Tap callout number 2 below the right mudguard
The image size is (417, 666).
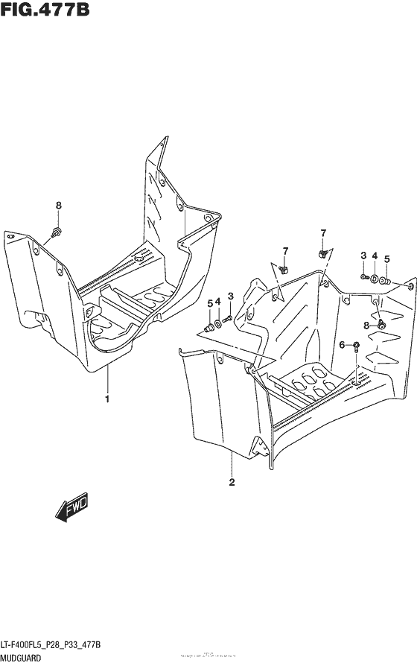pos(232,483)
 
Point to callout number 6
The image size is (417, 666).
pos(342,344)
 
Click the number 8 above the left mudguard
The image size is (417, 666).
pos(59,206)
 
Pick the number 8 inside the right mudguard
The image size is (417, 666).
pos(366,325)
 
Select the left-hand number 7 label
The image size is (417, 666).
pos(284,249)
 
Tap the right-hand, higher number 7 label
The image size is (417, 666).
pos(323,233)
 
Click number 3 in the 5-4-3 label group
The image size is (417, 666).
pos(230,296)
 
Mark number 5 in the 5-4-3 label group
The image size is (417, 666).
pos(208,302)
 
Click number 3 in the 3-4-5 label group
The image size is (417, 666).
pos(363,256)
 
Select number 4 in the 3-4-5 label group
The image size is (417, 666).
pos(375,256)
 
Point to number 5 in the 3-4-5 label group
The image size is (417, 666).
pos(386,259)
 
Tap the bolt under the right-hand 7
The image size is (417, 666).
pos(322,254)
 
